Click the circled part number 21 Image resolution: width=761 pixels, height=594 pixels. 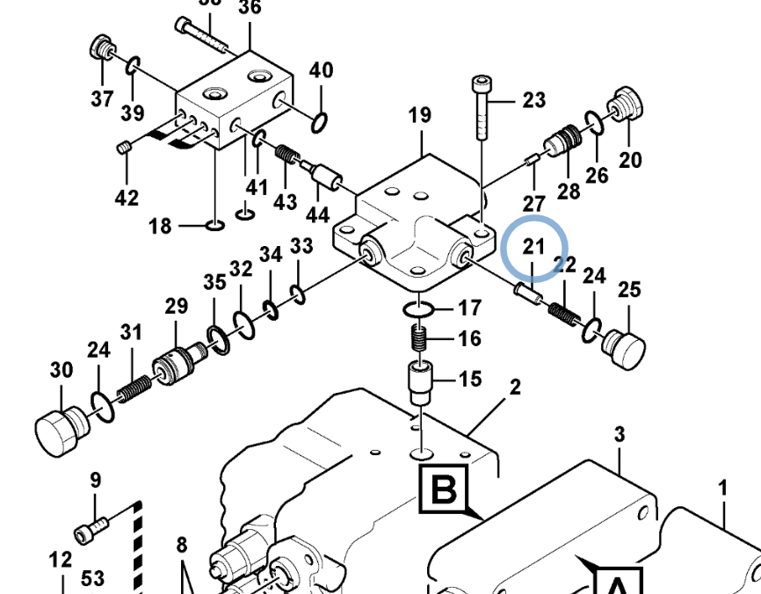tap(533, 246)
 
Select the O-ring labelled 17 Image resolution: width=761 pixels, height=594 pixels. tap(418, 309)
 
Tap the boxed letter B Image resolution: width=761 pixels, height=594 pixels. tap(445, 490)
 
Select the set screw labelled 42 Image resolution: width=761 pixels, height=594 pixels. tap(125, 146)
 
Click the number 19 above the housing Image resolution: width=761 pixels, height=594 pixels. tap(420, 115)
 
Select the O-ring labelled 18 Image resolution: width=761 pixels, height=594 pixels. tap(214, 226)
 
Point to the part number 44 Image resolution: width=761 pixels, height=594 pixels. tap(317, 214)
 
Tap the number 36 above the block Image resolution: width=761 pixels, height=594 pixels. tap(250, 8)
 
